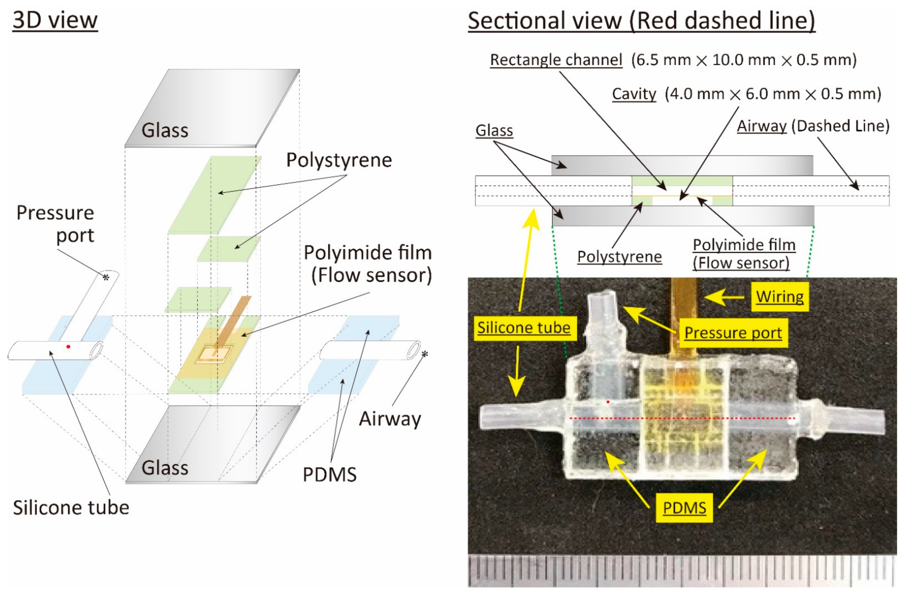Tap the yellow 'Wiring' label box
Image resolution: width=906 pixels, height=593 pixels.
[780, 296]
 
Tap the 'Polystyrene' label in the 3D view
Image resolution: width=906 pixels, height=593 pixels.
[339, 160]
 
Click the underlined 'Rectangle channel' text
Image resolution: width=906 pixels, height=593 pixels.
[556, 60]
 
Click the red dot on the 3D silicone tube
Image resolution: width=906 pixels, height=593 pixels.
[68, 347]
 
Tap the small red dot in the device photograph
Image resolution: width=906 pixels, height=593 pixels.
[608, 402]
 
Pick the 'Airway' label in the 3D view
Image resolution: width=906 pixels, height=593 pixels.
[390, 419]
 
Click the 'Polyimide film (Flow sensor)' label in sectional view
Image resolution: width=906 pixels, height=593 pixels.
[744, 254]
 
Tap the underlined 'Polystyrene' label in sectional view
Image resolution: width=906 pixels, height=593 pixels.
[619, 257]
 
